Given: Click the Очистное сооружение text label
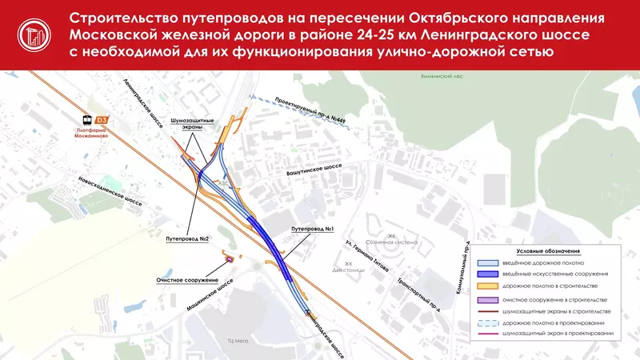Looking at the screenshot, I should pos(188,280).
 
